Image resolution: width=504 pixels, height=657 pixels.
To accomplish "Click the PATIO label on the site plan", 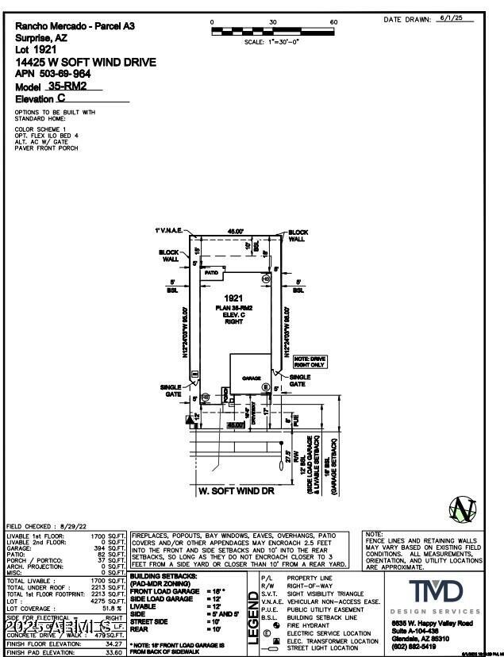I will tap(211, 272).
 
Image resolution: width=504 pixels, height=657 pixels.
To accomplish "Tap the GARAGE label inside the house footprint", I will tap(252, 378).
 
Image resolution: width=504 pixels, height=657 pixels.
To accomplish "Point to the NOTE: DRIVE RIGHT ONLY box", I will tap(308, 361).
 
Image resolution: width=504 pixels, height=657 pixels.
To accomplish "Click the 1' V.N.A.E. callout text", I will tap(168, 230).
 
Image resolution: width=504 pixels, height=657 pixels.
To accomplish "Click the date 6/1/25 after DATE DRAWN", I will tap(464, 17).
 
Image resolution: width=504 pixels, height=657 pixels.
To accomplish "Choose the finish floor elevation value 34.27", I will tap(116, 644).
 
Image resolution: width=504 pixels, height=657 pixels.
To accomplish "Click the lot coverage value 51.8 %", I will tap(113, 608).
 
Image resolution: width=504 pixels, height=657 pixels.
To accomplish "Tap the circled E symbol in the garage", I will tap(267, 386).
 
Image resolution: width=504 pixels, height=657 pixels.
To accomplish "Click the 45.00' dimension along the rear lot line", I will tap(235, 231).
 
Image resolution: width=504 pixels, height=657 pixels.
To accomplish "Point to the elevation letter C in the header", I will tap(61, 98).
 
